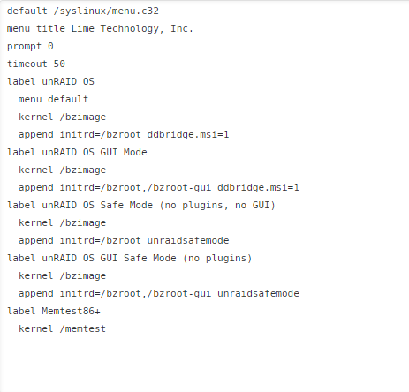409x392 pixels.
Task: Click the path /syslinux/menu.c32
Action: click(106, 11)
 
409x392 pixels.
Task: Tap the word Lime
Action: click(83, 28)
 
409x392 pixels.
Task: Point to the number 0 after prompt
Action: click(50, 46)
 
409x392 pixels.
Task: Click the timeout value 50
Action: click(59, 64)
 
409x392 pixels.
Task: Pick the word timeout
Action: click(27, 64)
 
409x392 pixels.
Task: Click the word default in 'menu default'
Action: click(68, 99)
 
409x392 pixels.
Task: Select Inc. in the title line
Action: click(182, 28)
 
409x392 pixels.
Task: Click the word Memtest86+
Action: click(71, 311)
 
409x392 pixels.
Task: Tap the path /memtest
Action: click(83, 328)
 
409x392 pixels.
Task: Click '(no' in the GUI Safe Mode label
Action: click(191, 258)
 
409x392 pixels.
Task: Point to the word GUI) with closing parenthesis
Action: click(263, 205)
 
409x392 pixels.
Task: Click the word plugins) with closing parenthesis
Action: click(229, 259)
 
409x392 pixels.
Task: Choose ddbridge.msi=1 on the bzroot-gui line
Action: click(258, 187)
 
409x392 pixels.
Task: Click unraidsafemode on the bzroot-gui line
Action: click(258, 293)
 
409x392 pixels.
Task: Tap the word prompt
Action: click(24, 47)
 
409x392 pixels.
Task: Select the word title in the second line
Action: click(50, 28)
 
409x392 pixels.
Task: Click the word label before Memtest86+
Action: click(21, 311)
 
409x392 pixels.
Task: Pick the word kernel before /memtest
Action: click(36, 328)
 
